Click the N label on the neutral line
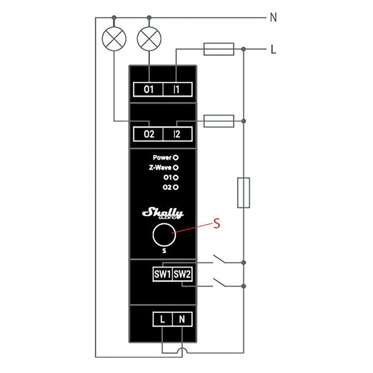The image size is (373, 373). coord(273,18)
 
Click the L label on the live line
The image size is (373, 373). coord(273,50)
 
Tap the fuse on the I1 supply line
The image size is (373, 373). coord(218,50)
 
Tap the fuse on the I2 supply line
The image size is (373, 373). coord(218,121)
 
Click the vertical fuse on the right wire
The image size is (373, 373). coord(244,192)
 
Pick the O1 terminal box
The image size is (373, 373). coord(149,89)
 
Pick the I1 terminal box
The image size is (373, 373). coord(177,89)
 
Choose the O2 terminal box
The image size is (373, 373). coord(149,134)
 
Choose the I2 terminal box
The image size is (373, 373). coord(177,134)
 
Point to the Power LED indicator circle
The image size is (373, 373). coord(175,158)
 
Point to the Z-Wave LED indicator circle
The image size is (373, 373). coord(175,167)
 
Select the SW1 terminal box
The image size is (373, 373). coord(162,275)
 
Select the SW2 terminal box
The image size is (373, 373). coord(182,275)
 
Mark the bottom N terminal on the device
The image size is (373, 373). coord(182,320)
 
